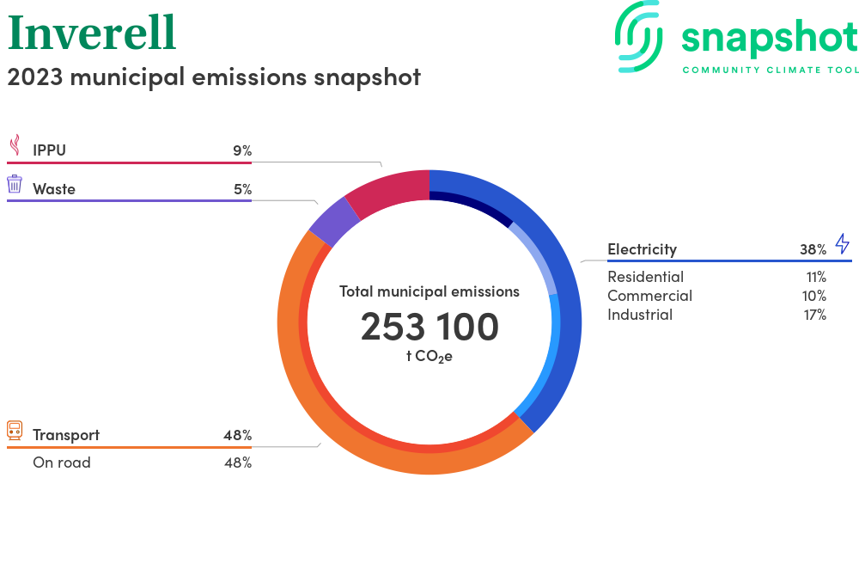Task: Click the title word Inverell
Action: (x=92, y=33)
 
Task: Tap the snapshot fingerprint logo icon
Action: (x=638, y=36)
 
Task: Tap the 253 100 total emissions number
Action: (x=429, y=327)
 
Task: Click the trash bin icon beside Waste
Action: (x=15, y=184)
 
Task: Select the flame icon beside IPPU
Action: (x=15, y=145)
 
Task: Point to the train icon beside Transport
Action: (x=15, y=430)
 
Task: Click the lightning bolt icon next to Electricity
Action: (x=843, y=243)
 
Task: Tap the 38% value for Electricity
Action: (x=813, y=249)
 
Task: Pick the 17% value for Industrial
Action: (x=814, y=315)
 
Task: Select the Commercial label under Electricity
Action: (x=649, y=296)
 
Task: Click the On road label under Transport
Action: (x=62, y=463)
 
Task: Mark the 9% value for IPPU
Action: (x=242, y=150)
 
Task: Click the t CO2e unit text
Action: (x=429, y=357)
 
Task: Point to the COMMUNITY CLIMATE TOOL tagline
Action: (x=771, y=70)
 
